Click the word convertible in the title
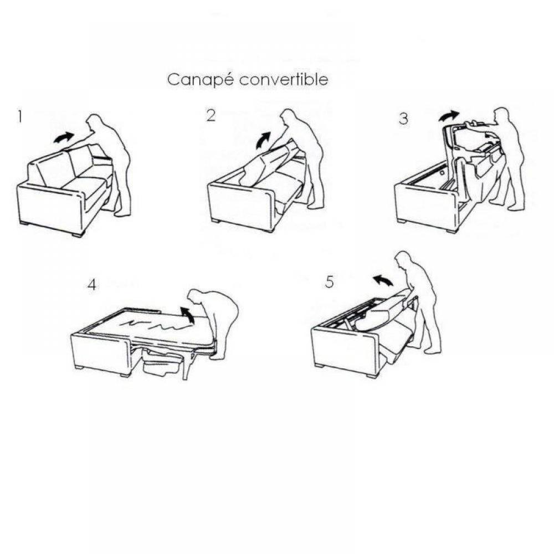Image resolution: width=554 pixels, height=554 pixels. [284, 79]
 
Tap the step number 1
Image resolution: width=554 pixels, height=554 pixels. [20, 117]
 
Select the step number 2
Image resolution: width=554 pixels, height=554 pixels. [211, 116]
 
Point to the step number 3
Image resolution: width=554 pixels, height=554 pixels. [403, 119]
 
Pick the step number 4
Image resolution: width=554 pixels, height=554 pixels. [91, 285]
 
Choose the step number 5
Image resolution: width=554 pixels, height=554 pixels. [329, 282]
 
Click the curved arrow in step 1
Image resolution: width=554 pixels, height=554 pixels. [64, 137]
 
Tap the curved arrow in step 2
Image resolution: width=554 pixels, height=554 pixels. [263, 140]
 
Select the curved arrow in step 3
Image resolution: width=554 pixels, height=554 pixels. [449, 116]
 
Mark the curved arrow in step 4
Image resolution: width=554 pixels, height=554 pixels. [188, 314]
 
